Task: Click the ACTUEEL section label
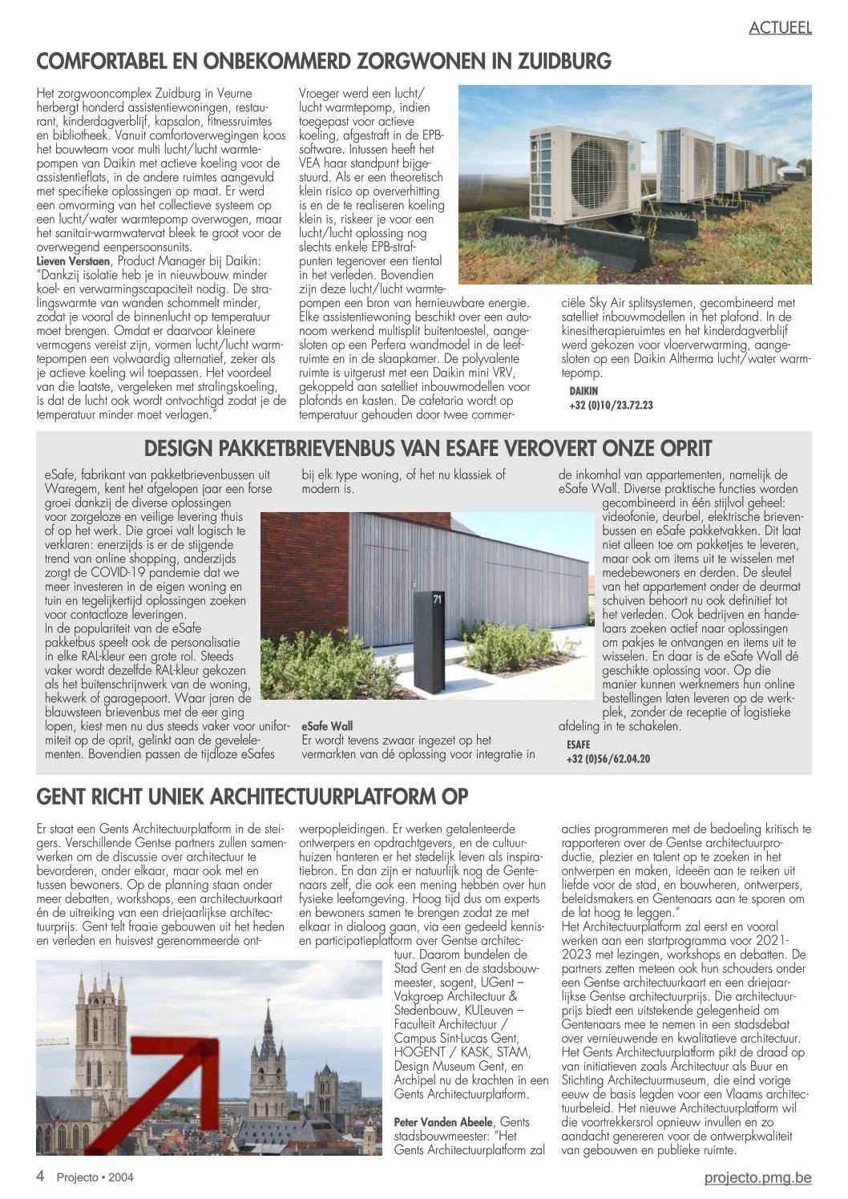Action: [780, 28]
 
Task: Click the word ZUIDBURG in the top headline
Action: [564, 62]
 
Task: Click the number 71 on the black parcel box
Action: [437, 599]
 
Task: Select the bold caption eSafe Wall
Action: [327, 726]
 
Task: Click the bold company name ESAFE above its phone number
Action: [578, 745]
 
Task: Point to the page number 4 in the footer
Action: [40, 1177]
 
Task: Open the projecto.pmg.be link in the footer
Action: [757, 1177]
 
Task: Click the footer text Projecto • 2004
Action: [95, 1177]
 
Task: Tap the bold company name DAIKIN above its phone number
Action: [584, 391]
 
